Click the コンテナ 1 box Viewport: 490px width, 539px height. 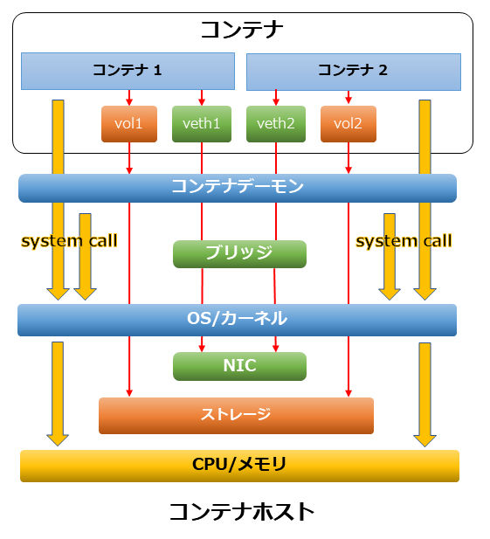click(x=128, y=71)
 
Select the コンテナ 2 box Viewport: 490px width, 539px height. click(x=353, y=72)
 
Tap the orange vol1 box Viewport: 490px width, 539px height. click(x=129, y=124)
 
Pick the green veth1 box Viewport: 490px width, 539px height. click(x=202, y=124)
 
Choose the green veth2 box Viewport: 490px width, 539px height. click(x=276, y=124)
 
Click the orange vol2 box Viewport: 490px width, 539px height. click(x=348, y=124)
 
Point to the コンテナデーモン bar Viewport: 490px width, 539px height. click(x=237, y=188)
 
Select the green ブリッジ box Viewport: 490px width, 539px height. click(x=239, y=253)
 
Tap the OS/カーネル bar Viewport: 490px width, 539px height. click(x=237, y=320)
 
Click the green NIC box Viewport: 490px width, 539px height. click(x=239, y=366)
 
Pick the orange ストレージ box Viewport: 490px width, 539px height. click(x=236, y=415)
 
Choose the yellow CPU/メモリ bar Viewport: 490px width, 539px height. click(x=239, y=465)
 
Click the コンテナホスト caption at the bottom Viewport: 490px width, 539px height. click(x=241, y=511)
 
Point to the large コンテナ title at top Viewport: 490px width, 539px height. click(x=242, y=31)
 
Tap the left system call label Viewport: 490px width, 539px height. click(x=69, y=240)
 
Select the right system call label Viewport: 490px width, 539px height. click(x=404, y=240)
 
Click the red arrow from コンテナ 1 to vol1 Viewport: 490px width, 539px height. click(x=129, y=97)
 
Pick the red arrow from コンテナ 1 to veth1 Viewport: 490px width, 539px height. click(x=202, y=97)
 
